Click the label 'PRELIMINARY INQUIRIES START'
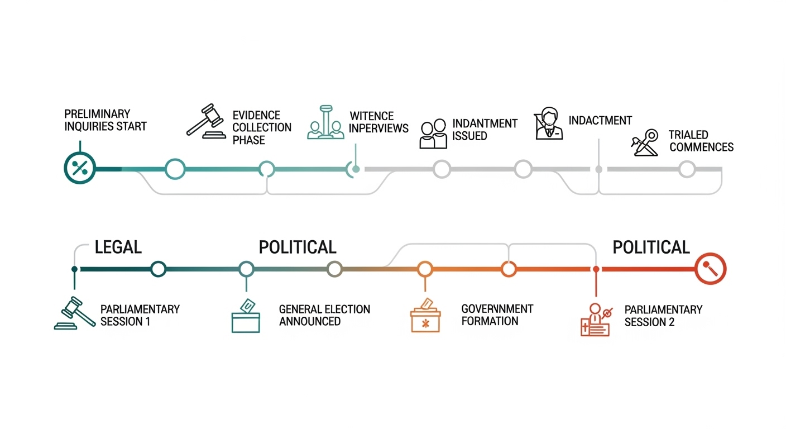(x=106, y=120)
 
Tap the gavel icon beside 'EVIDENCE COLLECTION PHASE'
(x=206, y=121)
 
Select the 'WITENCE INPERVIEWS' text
(x=378, y=122)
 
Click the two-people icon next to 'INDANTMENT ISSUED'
(x=433, y=134)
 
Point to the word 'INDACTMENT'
(x=600, y=121)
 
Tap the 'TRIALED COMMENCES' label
(x=701, y=141)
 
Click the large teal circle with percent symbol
(x=80, y=168)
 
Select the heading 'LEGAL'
(x=118, y=247)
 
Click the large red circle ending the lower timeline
(x=711, y=269)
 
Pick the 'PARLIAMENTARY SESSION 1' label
(x=140, y=315)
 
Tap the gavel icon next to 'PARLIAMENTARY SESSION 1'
(x=75, y=313)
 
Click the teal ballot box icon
(x=246, y=316)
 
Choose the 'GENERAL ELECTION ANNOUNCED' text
(x=324, y=315)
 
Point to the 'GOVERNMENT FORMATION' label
(x=497, y=315)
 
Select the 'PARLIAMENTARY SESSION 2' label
(x=663, y=316)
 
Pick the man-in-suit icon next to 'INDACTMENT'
(x=549, y=123)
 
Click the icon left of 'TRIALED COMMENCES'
(x=645, y=142)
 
